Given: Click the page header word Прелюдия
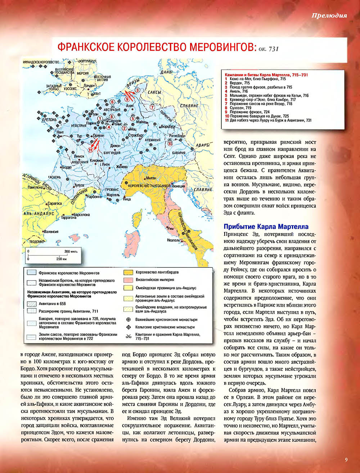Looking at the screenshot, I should (x=329, y=15).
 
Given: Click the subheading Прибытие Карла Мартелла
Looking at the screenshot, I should (x=266, y=227).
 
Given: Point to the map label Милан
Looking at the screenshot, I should (x=151, y=178).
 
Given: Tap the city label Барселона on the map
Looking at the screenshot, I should (x=81, y=215).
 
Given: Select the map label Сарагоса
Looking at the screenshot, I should (x=55, y=203).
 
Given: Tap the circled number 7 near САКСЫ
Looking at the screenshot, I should (x=152, y=107).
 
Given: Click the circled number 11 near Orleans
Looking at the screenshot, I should (x=90, y=150).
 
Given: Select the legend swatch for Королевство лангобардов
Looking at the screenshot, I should (x=129, y=272).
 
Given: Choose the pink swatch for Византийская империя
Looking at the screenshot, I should (x=129, y=280).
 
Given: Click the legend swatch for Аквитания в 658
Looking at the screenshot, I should (x=31, y=304).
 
